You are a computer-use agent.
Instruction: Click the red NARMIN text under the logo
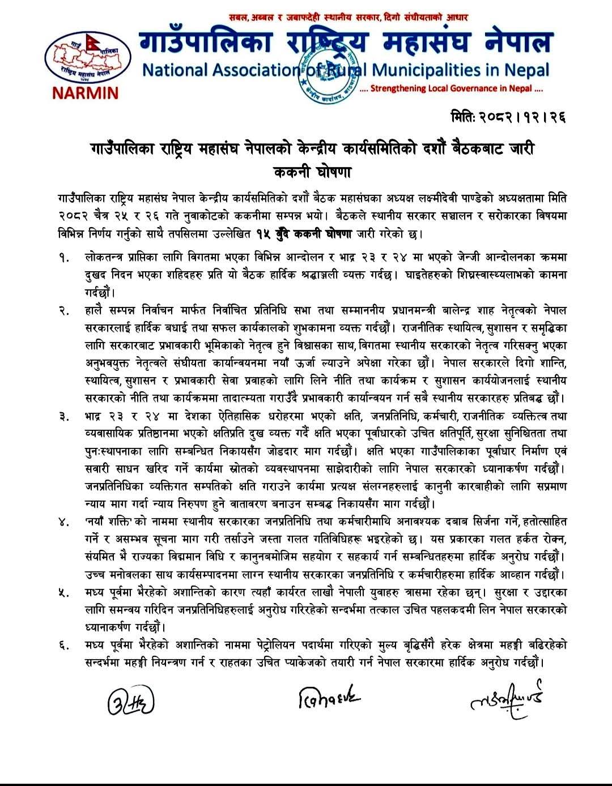point(85,92)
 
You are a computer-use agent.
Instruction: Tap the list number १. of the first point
point(63,258)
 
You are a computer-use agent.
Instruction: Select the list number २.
point(63,310)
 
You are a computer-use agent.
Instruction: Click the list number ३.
point(63,416)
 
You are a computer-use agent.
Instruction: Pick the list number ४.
point(63,522)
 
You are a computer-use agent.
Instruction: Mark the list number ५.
point(63,592)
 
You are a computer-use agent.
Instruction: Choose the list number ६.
point(63,645)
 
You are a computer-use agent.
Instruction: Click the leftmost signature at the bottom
point(130,703)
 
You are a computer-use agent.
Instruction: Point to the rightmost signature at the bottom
point(506,700)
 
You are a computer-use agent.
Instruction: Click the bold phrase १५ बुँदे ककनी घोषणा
point(304,233)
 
